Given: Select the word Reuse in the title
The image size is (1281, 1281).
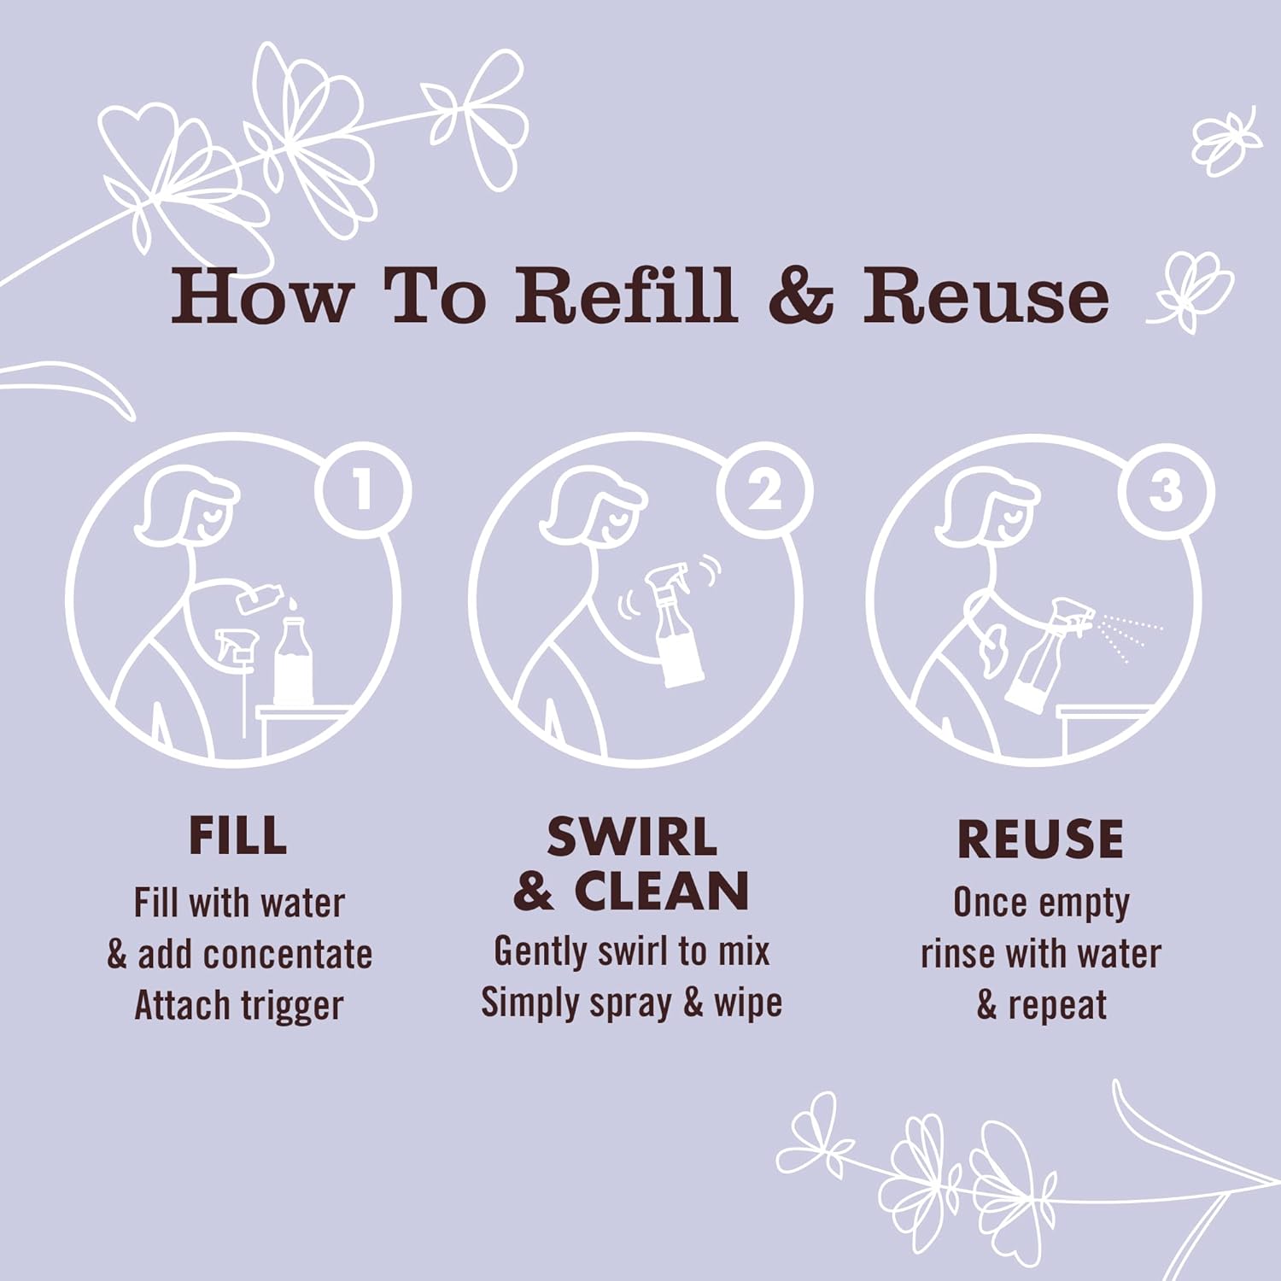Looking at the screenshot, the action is (x=986, y=295).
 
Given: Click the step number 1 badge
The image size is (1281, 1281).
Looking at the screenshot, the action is (x=363, y=491).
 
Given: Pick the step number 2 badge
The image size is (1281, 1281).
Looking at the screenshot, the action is (x=764, y=491).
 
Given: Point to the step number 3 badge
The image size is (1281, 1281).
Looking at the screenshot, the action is (x=1166, y=491).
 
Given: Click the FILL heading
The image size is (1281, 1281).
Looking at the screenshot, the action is (x=237, y=836).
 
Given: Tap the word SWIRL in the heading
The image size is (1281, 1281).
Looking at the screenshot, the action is (x=632, y=837).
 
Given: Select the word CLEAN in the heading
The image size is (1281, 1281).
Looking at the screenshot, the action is (x=662, y=892).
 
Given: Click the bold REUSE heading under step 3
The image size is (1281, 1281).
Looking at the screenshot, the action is (x=1040, y=839).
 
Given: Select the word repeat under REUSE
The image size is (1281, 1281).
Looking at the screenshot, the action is (x=1057, y=1006).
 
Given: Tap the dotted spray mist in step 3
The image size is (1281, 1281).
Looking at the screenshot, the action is (x=1127, y=635).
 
